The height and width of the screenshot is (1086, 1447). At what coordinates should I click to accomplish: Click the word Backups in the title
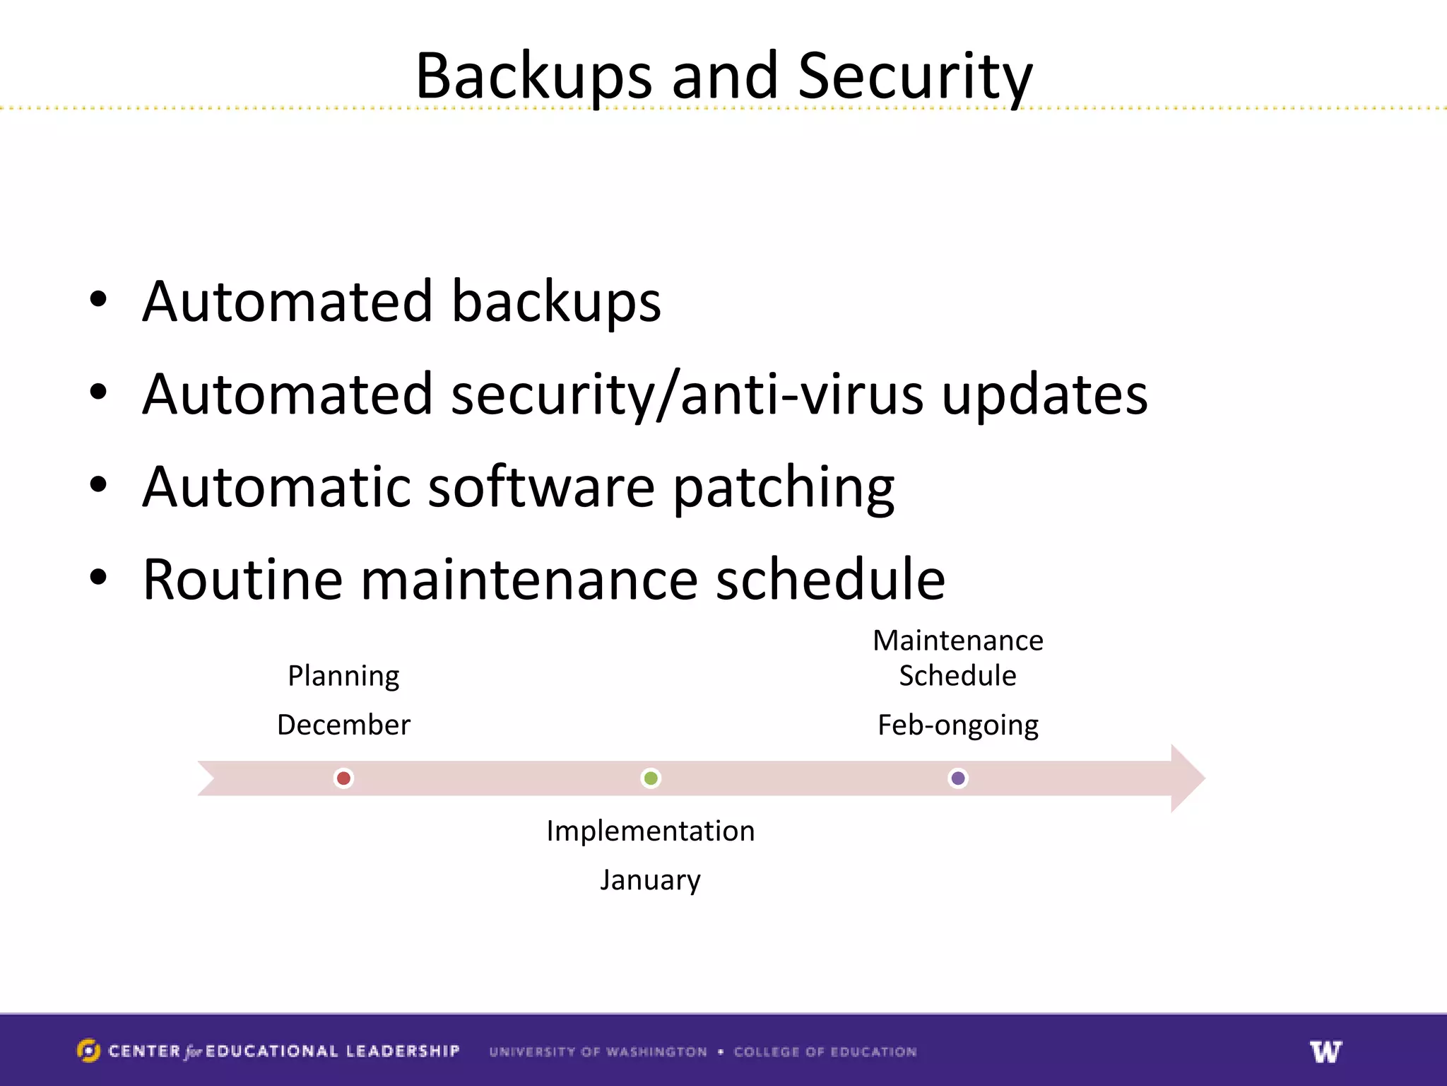tap(533, 76)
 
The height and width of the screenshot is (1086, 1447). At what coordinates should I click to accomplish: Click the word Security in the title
tap(915, 76)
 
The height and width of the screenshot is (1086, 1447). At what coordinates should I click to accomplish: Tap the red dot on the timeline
tap(343, 778)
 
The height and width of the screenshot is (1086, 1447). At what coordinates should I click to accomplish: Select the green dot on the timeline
tap(651, 778)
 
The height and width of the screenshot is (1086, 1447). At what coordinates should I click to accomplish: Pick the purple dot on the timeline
tap(958, 778)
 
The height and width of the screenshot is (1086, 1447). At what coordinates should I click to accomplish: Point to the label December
tap(343, 725)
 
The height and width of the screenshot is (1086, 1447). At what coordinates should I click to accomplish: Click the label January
tap(651, 880)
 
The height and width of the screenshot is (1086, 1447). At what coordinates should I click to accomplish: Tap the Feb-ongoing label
tap(958, 725)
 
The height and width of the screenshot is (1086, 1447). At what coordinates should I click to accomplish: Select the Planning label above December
tap(343, 676)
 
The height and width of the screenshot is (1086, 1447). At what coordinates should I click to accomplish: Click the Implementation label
tap(651, 831)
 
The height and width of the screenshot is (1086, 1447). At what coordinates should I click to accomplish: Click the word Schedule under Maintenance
tap(958, 676)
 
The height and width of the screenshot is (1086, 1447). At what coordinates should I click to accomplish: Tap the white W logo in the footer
tap(1325, 1051)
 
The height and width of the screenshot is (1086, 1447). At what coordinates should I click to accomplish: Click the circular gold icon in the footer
tap(88, 1051)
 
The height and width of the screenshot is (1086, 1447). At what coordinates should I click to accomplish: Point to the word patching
tap(784, 488)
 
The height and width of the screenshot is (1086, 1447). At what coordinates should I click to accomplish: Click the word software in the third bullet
tap(541, 488)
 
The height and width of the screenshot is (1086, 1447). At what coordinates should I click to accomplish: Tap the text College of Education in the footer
tap(825, 1052)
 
